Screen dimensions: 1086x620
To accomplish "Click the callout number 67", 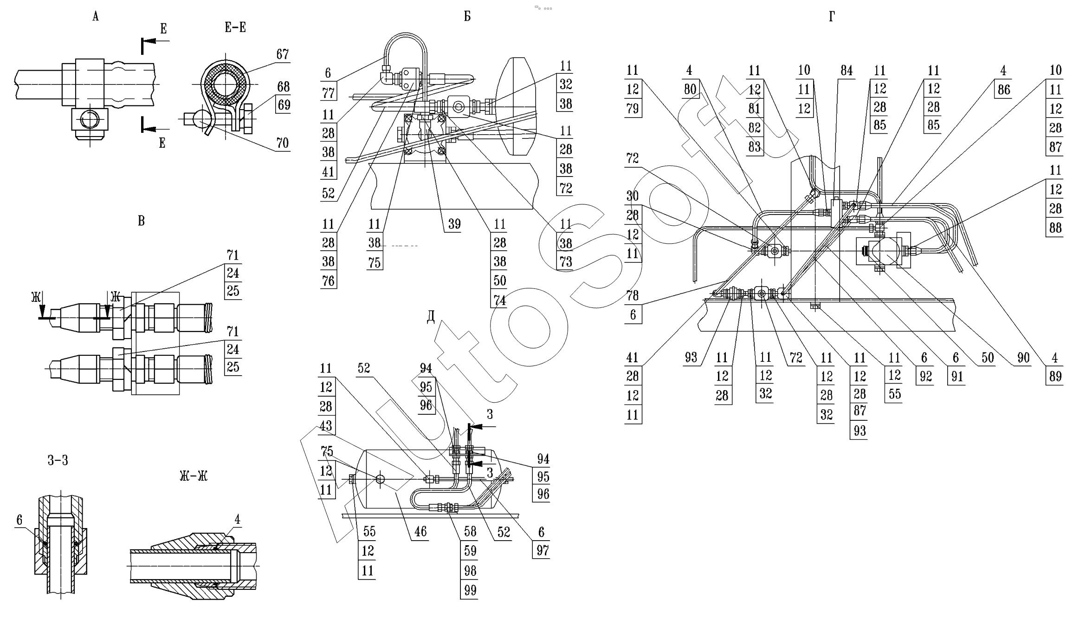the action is click(283, 54).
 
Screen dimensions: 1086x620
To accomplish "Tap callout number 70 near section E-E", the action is click(283, 143).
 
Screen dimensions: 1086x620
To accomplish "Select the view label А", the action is click(96, 17).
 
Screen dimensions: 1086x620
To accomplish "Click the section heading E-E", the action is click(235, 28).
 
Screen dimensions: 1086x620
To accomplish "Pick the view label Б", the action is click(467, 17).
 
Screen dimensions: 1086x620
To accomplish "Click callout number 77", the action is click(329, 93).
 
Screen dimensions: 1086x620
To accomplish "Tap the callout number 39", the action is click(454, 224).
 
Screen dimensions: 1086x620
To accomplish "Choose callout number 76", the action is click(328, 281).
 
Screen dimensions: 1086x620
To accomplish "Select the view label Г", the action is click(832, 17).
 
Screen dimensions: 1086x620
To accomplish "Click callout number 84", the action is click(847, 71).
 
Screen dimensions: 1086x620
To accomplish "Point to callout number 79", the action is click(633, 109).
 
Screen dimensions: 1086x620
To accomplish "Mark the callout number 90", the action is click(1023, 357).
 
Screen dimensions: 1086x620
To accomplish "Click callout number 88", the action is click(1055, 228).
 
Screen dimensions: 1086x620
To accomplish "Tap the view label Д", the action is click(431, 316).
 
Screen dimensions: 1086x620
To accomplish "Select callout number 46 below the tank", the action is click(420, 531).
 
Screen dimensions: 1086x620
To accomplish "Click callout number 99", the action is click(470, 590).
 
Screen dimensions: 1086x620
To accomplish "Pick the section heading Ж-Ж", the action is click(194, 476).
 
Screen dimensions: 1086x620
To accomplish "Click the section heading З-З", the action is click(58, 460).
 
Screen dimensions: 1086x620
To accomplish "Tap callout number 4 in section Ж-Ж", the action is click(238, 519).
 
